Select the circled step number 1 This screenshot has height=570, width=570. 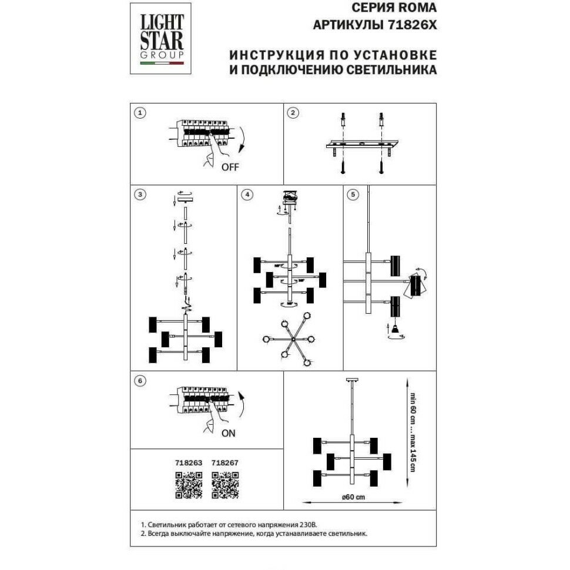click(x=140, y=113)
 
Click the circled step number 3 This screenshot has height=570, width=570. click(x=140, y=195)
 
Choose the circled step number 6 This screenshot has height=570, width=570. click(x=140, y=380)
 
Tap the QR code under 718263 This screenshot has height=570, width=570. click(x=189, y=485)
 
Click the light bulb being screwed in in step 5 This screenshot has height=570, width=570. click(x=395, y=330)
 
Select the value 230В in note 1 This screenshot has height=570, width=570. click(x=314, y=524)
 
